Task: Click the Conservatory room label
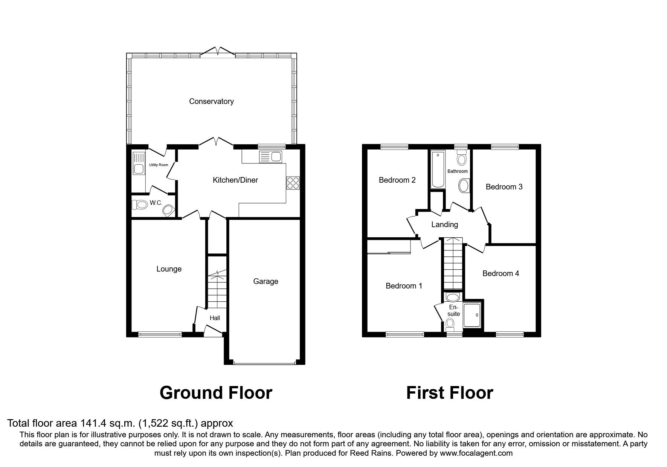click(x=211, y=101)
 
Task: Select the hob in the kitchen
click(x=293, y=183)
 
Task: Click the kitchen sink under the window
click(x=270, y=156)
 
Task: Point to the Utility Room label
click(x=158, y=165)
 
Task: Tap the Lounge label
click(x=169, y=269)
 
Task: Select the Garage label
click(x=266, y=281)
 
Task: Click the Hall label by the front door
click(x=215, y=318)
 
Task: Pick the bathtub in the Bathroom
click(x=438, y=169)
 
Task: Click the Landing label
click(x=444, y=225)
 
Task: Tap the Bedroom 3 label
click(x=504, y=187)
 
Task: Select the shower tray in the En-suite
click(x=472, y=315)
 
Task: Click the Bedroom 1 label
click(x=404, y=286)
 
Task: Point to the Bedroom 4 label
click(x=501, y=273)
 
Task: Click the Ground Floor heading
click(x=216, y=393)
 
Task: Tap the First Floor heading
click(x=449, y=393)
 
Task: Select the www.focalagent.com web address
click(x=476, y=453)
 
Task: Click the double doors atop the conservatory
click(x=218, y=52)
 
